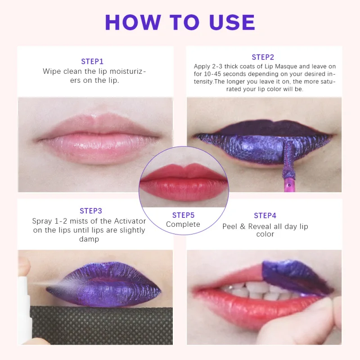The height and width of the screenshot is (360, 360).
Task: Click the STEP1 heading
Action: (92, 61)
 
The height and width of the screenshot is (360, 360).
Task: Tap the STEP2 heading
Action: (263, 57)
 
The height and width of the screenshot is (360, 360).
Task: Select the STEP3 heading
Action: (91, 211)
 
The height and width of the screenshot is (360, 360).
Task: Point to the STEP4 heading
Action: (265, 216)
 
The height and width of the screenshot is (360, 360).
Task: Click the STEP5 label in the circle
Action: (183, 215)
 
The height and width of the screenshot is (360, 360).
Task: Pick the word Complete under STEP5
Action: (183, 224)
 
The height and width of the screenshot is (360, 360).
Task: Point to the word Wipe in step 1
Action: (51, 71)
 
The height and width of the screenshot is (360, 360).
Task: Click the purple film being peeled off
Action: (292, 274)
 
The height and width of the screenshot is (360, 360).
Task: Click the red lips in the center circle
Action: (183, 182)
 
